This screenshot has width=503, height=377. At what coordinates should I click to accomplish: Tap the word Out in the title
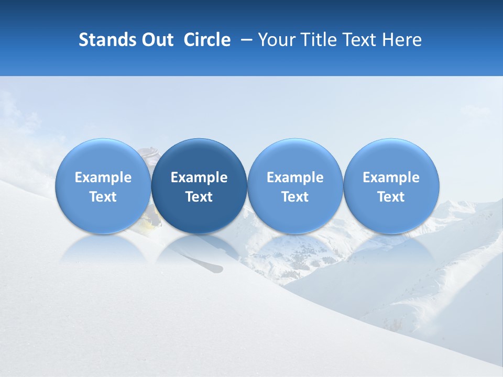click(156, 40)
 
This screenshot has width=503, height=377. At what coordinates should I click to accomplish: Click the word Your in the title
click(275, 40)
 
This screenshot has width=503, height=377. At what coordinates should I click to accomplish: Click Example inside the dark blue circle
click(199, 178)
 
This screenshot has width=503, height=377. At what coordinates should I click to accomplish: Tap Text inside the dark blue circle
click(199, 197)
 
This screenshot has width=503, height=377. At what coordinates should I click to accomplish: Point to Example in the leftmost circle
click(103, 178)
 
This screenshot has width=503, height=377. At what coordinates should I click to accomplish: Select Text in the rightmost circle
click(391, 197)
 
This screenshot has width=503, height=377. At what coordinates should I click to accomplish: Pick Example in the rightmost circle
click(391, 178)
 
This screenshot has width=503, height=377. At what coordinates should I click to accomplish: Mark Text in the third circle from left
click(295, 197)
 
